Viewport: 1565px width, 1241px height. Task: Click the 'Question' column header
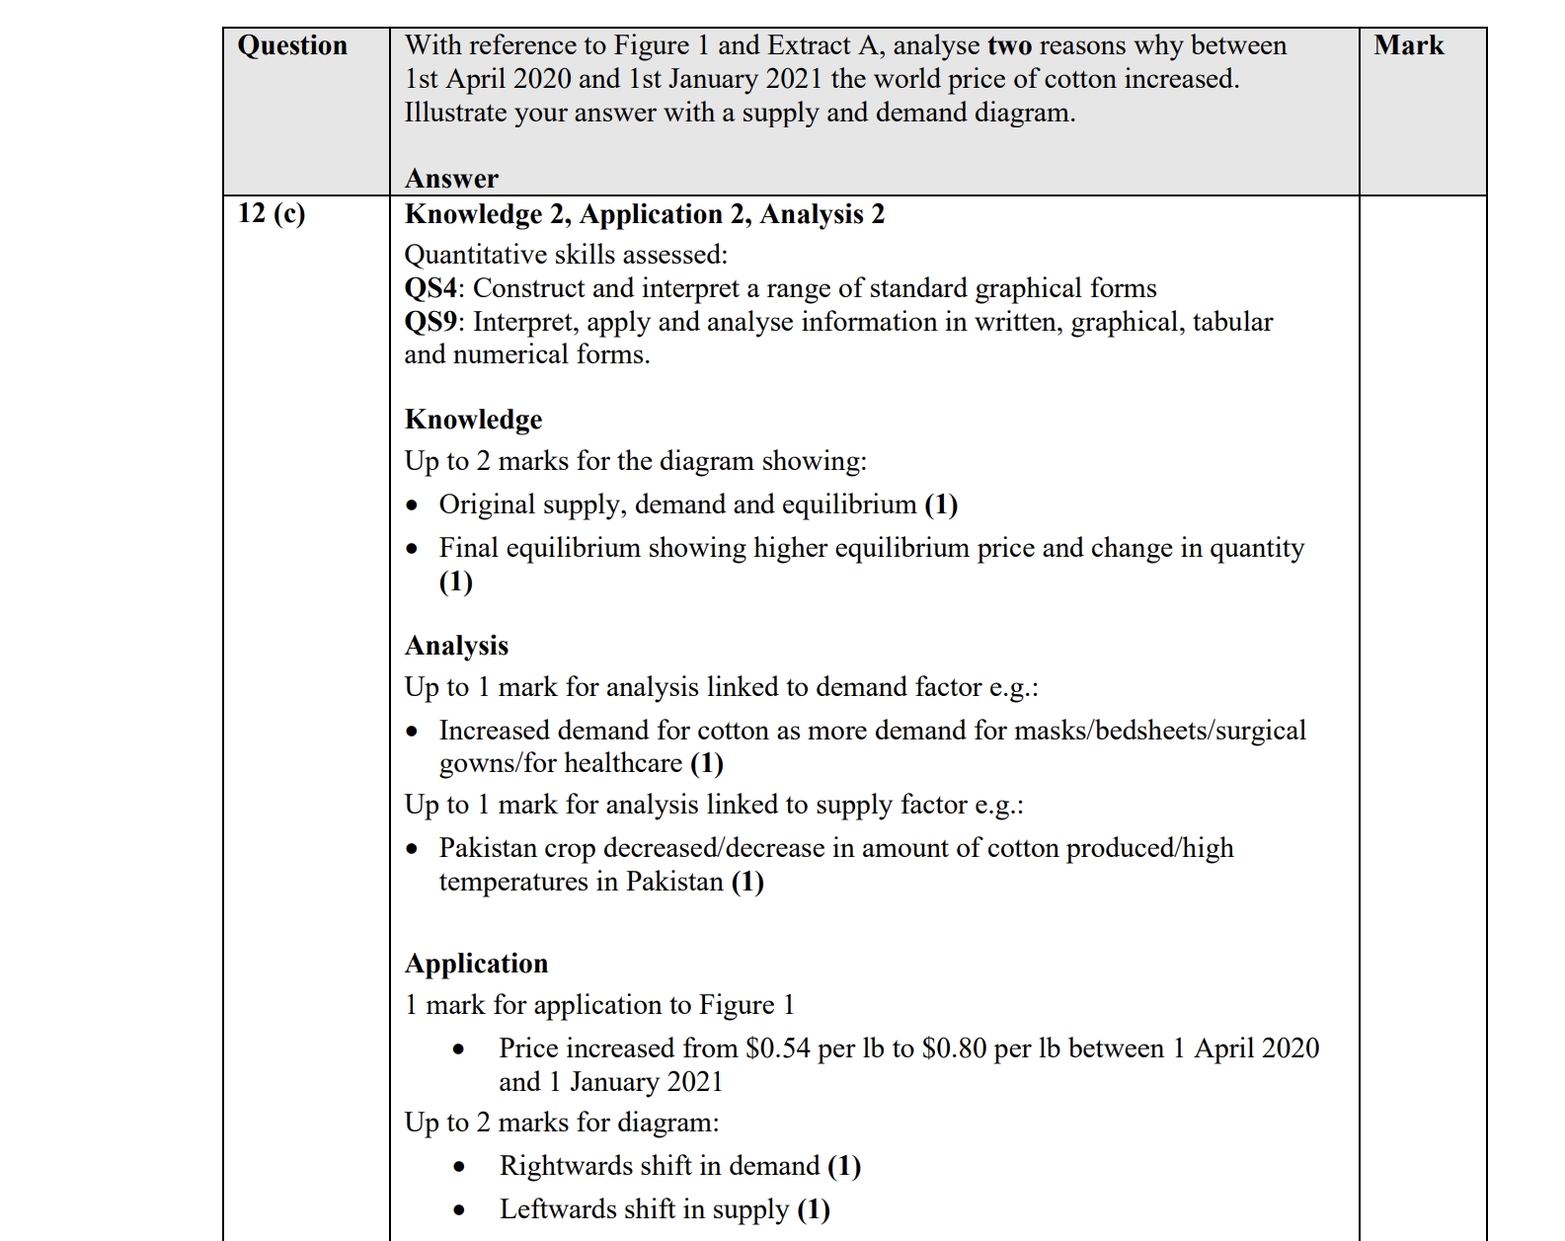(292, 45)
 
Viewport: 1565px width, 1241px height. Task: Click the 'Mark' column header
(1408, 45)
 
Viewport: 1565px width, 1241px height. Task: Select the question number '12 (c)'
(272, 213)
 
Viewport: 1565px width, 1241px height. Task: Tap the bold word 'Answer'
(451, 179)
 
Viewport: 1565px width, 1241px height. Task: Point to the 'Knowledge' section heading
(473, 420)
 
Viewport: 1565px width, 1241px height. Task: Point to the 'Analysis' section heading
(456, 646)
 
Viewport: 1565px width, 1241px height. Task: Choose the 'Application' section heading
(476, 964)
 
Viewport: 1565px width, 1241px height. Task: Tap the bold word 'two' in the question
(1009, 45)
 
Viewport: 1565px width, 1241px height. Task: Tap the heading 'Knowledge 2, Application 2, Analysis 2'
(645, 214)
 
